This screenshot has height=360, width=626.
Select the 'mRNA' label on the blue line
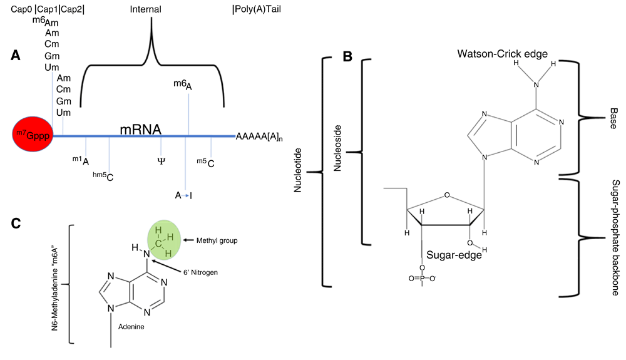(x=141, y=130)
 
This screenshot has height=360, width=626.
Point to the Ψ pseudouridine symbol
(x=161, y=161)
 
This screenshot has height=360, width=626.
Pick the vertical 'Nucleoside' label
(x=338, y=152)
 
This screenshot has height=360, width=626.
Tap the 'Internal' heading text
(x=145, y=9)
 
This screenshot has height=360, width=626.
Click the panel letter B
(x=347, y=56)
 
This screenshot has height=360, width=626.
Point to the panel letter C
(x=17, y=223)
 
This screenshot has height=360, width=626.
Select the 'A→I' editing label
(x=184, y=195)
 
